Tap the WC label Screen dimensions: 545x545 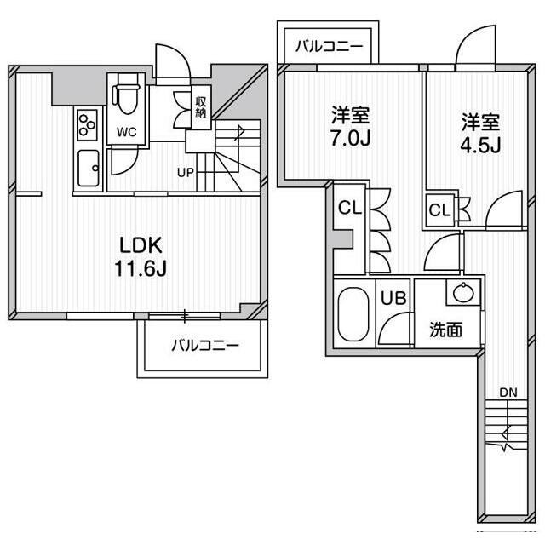tap(127, 132)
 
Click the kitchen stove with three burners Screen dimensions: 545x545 tap(88, 126)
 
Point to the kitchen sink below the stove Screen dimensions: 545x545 tap(88, 169)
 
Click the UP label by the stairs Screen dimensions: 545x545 tap(185, 172)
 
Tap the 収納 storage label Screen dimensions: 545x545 tap(201, 106)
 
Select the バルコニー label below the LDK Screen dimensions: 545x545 tap(204, 346)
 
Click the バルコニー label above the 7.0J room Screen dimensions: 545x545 tap(329, 46)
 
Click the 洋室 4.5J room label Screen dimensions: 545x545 tap(480, 132)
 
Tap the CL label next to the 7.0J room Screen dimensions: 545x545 tap(347, 208)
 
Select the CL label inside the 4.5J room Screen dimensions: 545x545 tap(439, 210)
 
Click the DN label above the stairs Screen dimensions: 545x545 tap(508, 393)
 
